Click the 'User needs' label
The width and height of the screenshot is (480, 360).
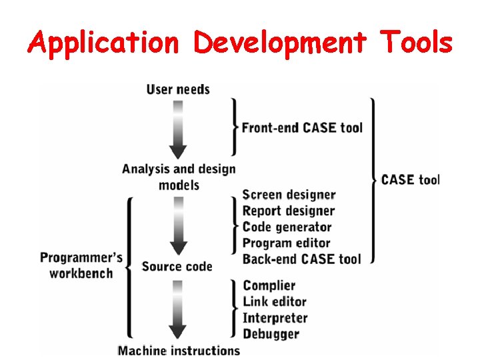[x=178, y=89]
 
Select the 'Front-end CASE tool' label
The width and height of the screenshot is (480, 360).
[x=302, y=127]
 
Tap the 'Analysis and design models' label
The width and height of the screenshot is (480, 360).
[x=179, y=177]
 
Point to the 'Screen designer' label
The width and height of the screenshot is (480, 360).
[x=289, y=195]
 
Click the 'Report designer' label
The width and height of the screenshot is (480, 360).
[x=288, y=211]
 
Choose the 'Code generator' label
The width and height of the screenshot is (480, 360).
[x=287, y=227]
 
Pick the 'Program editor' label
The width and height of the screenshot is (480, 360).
[x=286, y=243]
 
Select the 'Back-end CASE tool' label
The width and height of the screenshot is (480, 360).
[x=301, y=259]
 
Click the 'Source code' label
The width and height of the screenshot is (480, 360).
[x=177, y=267]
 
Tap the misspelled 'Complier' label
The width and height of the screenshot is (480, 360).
[x=269, y=286]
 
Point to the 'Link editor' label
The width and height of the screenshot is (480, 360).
[x=274, y=302]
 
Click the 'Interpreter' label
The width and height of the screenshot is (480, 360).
[x=275, y=318]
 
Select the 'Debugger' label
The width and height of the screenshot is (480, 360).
[x=271, y=333]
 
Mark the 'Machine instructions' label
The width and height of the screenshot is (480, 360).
[x=179, y=350]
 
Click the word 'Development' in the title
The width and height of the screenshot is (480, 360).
[x=279, y=43]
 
